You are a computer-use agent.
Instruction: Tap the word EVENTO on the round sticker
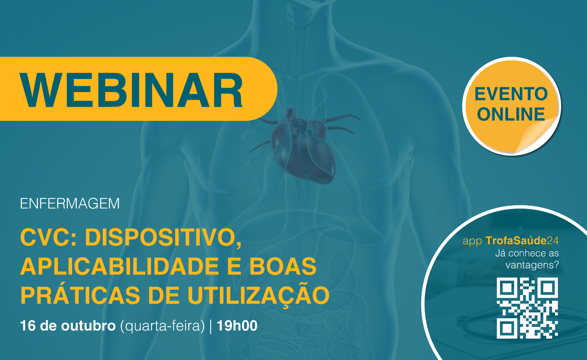(x=511, y=94)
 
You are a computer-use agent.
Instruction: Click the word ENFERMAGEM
(x=70, y=203)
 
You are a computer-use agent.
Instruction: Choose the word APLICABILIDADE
(x=119, y=266)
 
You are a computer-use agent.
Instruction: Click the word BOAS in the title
(x=283, y=266)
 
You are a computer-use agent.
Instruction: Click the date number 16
(x=28, y=326)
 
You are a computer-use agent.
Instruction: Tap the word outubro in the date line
(x=88, y=326)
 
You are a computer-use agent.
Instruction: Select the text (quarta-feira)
(x=162, y=326)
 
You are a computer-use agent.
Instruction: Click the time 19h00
(x=237, y=326)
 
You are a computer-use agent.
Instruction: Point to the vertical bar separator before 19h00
(x=211, y=326)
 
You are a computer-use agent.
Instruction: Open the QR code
(x=527, y=308)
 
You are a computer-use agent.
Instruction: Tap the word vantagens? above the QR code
(x=532, y=265)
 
